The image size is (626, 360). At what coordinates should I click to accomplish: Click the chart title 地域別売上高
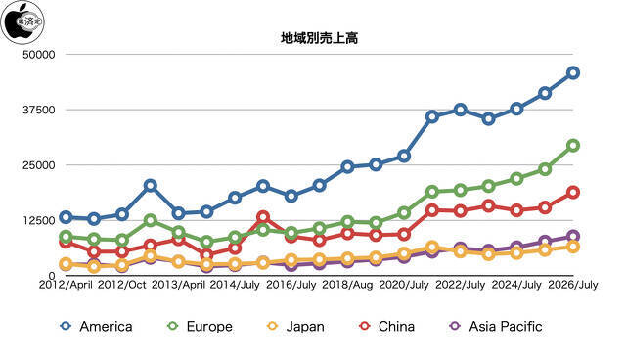click(320, 38)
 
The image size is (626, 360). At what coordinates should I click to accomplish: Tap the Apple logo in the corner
click(22, 22)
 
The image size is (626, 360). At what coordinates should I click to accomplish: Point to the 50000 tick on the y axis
click(39, 54)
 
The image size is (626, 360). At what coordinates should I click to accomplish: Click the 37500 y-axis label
click(39, 110)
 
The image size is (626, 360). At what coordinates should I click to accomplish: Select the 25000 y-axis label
click(39, 164)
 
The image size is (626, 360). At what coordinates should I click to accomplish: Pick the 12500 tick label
click(39, 220)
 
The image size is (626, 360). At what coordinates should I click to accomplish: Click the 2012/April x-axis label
click(66, 285)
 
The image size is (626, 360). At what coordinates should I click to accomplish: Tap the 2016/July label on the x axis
click(291, 285)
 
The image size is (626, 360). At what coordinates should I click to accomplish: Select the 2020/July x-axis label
click(404, 285)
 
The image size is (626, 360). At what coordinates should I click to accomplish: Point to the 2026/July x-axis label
click(573, 285)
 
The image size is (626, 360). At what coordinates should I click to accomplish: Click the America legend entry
click(96, 326)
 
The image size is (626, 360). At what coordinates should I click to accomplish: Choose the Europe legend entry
click(200, 326)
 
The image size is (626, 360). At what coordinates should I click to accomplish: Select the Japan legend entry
click(295, 326)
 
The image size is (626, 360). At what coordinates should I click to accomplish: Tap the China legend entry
click(387, 326)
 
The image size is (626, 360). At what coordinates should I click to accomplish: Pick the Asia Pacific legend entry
click(496, 326)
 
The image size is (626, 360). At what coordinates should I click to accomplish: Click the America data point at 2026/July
click(573, 73)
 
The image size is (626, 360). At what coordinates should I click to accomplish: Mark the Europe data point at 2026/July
click(573, 146)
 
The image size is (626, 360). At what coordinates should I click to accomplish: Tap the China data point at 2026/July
click(573, 193)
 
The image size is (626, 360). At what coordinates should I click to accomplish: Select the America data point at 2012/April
click(66, 217)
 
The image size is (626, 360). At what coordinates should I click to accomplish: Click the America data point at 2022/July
click(461, 110)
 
